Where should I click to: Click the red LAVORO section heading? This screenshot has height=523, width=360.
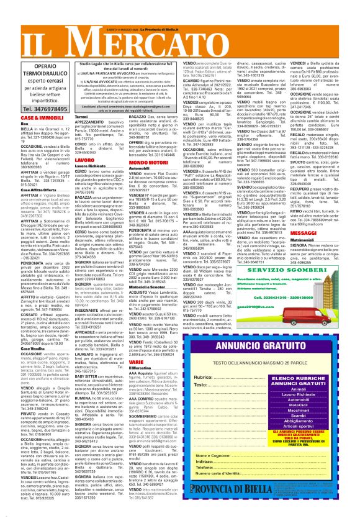84,160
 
